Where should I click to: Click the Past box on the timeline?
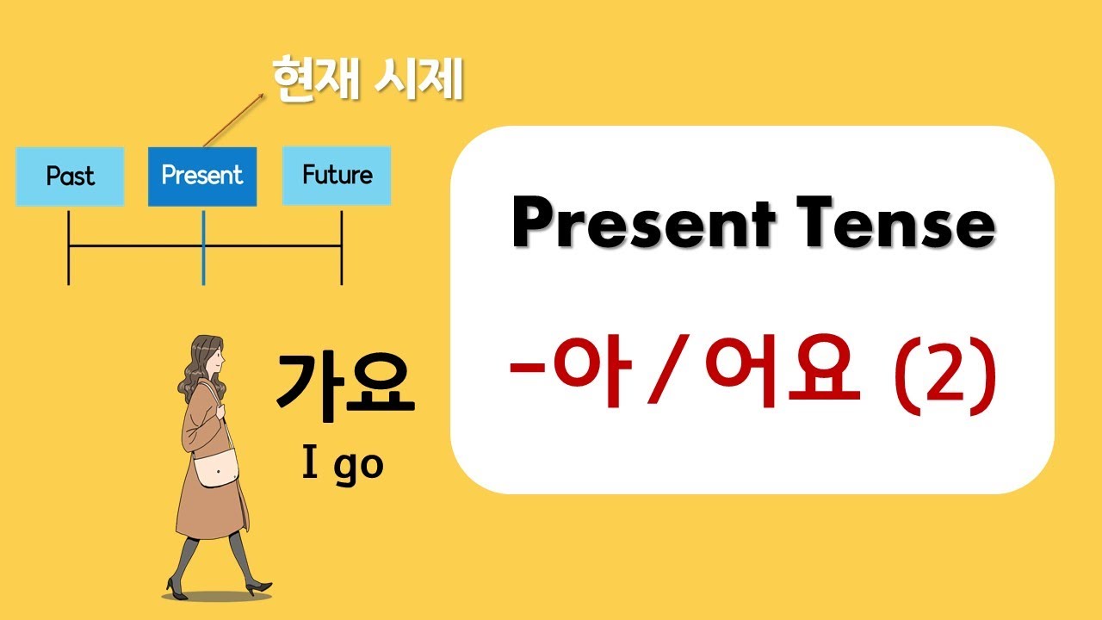(x=70, y=177)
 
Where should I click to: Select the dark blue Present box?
(x=202, y=177)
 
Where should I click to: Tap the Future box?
(x=337, y=176)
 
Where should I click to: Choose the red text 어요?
(x=782, y=373)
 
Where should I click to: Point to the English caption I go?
(x=343, y=465)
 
